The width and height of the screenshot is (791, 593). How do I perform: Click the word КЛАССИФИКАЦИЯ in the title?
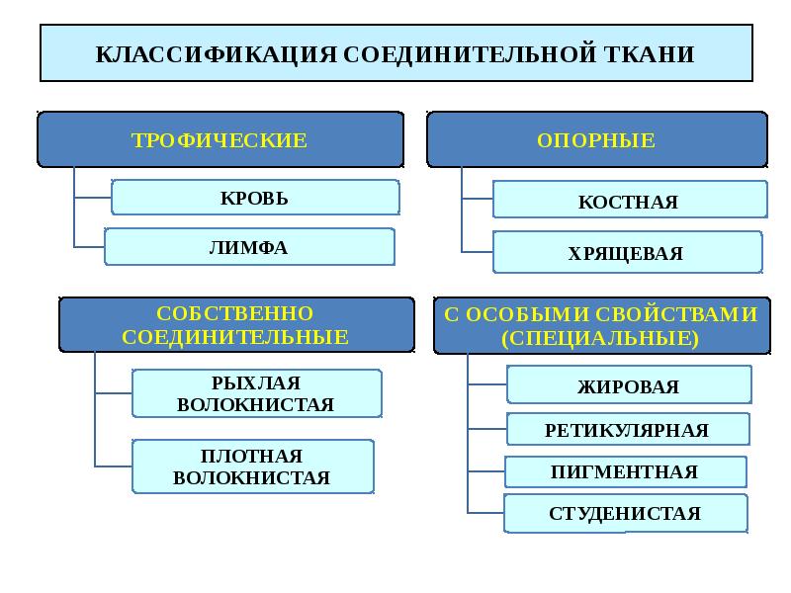pos(216,54)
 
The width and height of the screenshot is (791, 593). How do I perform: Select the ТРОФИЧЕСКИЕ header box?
pos(220,139)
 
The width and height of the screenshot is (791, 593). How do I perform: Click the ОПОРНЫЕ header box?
pos(597,139)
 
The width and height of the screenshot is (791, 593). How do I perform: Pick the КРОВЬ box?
pos(255,198)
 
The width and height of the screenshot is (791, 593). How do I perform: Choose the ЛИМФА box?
pos(249,246)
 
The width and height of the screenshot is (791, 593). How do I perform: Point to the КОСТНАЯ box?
pos(630,200)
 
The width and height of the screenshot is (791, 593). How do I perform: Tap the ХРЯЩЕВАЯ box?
pos(627,252)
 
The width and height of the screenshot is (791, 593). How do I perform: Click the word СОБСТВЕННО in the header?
pos(234,313)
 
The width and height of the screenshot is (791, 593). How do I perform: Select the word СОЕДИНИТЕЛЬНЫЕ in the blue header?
pos(234,337)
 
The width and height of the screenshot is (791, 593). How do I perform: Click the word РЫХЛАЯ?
pos(256,383)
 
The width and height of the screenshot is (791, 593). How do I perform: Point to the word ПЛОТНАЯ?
pos(251,456)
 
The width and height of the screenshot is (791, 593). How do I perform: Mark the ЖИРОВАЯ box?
pos(629,384)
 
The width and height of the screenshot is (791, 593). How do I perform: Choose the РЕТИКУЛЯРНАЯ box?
pos(628,429)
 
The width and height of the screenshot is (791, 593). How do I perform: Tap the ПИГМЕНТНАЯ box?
pos(626,471)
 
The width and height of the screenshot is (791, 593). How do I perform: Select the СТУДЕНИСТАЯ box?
pos(626,513)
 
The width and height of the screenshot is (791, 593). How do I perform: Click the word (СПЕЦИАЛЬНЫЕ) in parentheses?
pos(600,338)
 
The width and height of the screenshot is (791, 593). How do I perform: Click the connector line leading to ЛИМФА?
pos(89,247)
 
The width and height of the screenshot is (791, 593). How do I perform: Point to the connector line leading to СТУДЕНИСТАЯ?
pos(485,513)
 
